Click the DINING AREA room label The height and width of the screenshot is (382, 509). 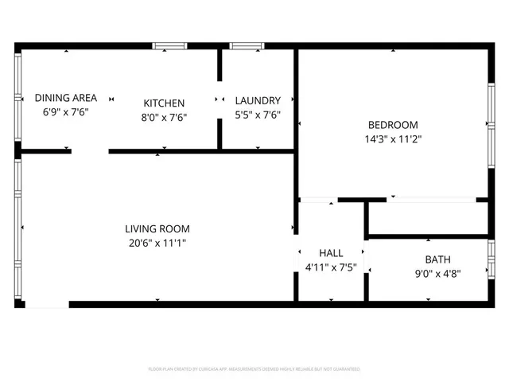[66, 98]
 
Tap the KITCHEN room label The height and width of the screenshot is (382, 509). [164, 103]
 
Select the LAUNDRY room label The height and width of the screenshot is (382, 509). [258, 100]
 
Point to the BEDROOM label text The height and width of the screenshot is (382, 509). [392, 125]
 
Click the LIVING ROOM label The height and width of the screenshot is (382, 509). [157, 228]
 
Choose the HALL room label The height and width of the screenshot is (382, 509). [331, 253]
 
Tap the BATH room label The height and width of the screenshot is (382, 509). [437, 259]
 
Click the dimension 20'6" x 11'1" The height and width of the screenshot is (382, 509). [157, 243]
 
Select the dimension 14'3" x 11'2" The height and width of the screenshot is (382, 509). [393, 139]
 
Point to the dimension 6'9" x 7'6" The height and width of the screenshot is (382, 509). [66, 112]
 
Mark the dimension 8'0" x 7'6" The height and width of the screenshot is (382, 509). [164, 117]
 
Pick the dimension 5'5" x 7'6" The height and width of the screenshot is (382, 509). [258, 115]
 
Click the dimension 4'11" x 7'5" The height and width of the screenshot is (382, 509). [331, 267]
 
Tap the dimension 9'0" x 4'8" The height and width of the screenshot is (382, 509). [437, 273]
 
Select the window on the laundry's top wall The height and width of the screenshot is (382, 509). [241, 46]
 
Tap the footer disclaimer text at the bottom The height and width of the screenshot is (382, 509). [254, 369]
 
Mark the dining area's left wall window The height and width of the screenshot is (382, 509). [18, 98]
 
